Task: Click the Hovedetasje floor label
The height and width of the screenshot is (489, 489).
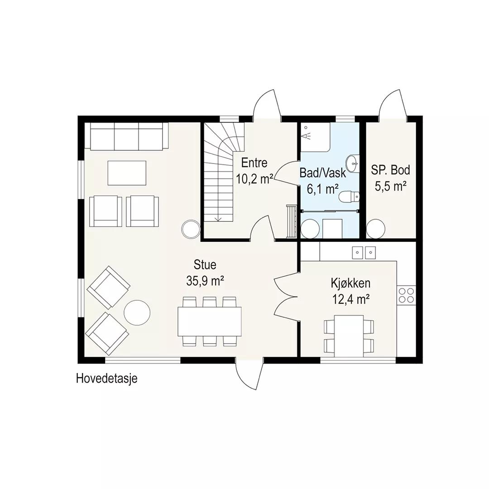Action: tap(107, 379)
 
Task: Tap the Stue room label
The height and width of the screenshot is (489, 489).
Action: tap(205, 265)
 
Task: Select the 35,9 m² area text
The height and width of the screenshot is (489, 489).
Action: tap(205, 281)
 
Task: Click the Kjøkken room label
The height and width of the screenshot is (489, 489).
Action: tap(350, 283)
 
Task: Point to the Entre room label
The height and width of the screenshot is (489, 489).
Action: tap(254, 163)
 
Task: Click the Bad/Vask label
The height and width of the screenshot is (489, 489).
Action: tap(322, 173)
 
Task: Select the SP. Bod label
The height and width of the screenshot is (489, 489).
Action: tap(390, 170)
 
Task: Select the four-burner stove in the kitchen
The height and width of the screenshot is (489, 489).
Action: tap(406, 295)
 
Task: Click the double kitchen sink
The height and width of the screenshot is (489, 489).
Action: tap(364, 253)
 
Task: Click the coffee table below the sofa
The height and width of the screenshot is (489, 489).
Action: tap(127, 173)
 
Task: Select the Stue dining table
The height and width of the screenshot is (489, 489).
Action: tap(210, 321)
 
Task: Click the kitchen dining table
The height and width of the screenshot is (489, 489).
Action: tap(349, 336)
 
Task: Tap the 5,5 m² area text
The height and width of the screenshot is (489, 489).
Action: tap(390, 187)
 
